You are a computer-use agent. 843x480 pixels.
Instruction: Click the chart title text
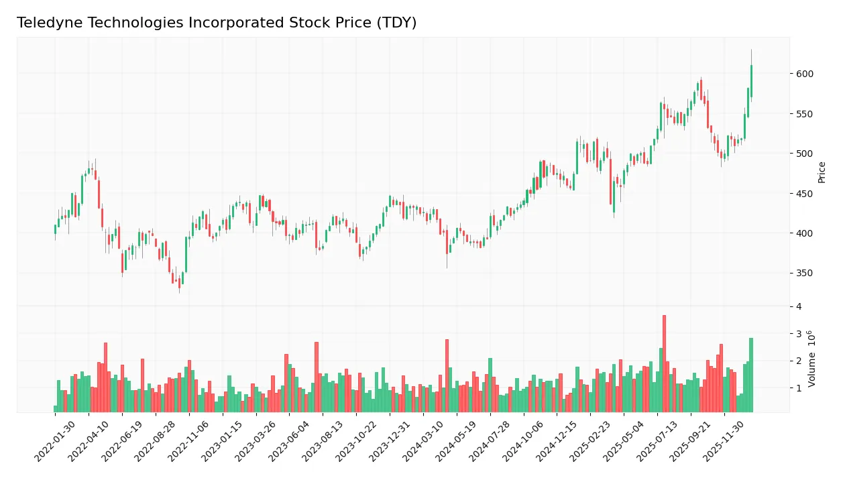217,23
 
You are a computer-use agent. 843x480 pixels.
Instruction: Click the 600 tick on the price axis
805,74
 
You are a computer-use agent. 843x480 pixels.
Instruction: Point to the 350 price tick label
805,273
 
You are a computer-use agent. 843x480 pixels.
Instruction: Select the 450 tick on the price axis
805,194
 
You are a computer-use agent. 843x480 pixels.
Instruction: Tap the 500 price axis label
805,154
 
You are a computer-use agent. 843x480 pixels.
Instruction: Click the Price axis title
822,172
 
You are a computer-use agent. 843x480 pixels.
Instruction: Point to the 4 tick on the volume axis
798,306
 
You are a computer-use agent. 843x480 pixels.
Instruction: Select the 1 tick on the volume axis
798,388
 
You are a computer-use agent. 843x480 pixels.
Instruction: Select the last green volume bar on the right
751,375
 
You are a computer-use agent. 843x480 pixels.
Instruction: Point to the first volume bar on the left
55,408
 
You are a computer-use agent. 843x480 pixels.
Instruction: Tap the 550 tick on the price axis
805,114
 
